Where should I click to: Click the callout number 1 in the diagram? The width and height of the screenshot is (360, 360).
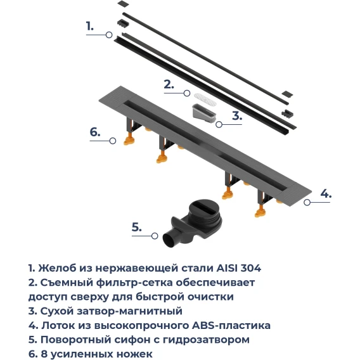point(90,26)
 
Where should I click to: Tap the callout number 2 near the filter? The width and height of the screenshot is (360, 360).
point(169,84)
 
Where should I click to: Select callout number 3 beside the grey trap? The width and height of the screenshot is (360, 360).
point(237,115)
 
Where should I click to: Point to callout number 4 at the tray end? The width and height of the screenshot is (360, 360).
point(326,193)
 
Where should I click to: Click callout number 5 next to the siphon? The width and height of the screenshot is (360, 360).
point(137,227)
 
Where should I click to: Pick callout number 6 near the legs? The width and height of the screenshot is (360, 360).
point(95,132)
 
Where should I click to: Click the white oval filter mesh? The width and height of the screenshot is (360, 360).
point(205,99)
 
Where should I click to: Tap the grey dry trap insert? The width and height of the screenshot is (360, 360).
point(203,113)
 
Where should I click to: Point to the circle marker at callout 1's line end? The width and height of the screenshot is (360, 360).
point(109,35)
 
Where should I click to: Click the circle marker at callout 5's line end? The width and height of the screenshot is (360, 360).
point(155,236)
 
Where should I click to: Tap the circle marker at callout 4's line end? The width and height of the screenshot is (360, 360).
point(307,202)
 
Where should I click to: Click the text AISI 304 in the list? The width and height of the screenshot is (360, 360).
point(239,268)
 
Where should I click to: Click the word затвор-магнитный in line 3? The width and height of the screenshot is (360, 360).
point(129,312)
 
